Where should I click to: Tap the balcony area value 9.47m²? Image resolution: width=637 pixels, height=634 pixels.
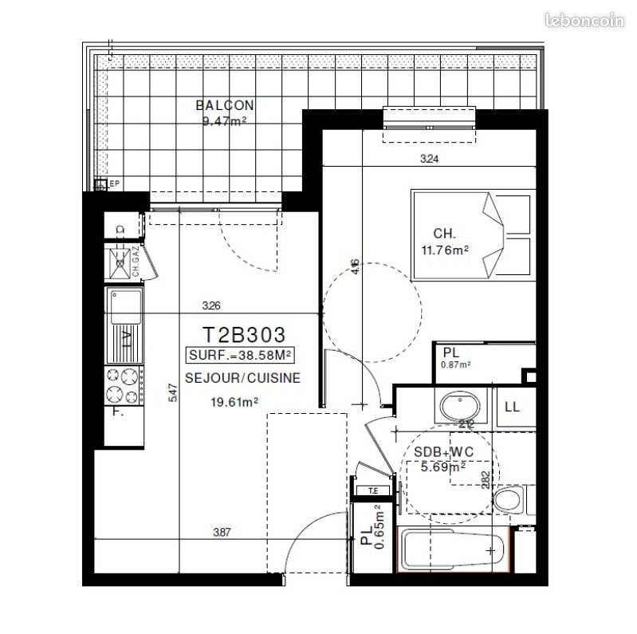[224, 121]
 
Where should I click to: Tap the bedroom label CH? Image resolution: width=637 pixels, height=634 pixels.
[444, 234]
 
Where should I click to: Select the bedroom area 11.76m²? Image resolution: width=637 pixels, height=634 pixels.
[444, 249]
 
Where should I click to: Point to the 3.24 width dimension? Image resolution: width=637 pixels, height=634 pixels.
[430, 159]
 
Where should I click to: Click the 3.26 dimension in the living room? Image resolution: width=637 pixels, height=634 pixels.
[210, 305]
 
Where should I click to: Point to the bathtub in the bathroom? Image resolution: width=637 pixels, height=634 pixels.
[452, 549]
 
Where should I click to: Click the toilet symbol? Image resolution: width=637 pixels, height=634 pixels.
[507, 500]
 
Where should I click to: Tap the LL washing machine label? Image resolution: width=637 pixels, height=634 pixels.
[512, 407]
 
